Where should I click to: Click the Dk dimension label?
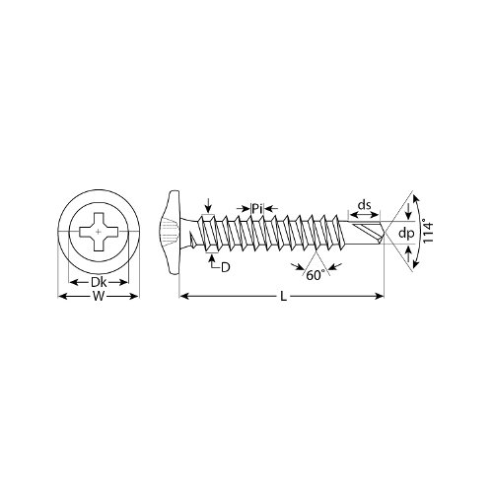99,282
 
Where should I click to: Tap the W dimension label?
99,297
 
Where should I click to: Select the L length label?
283,297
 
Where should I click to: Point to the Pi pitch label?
257,208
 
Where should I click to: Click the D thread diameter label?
225,267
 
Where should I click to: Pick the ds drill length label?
364,205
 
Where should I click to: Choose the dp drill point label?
406,234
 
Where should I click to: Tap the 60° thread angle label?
316,275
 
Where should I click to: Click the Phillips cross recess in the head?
99,232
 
